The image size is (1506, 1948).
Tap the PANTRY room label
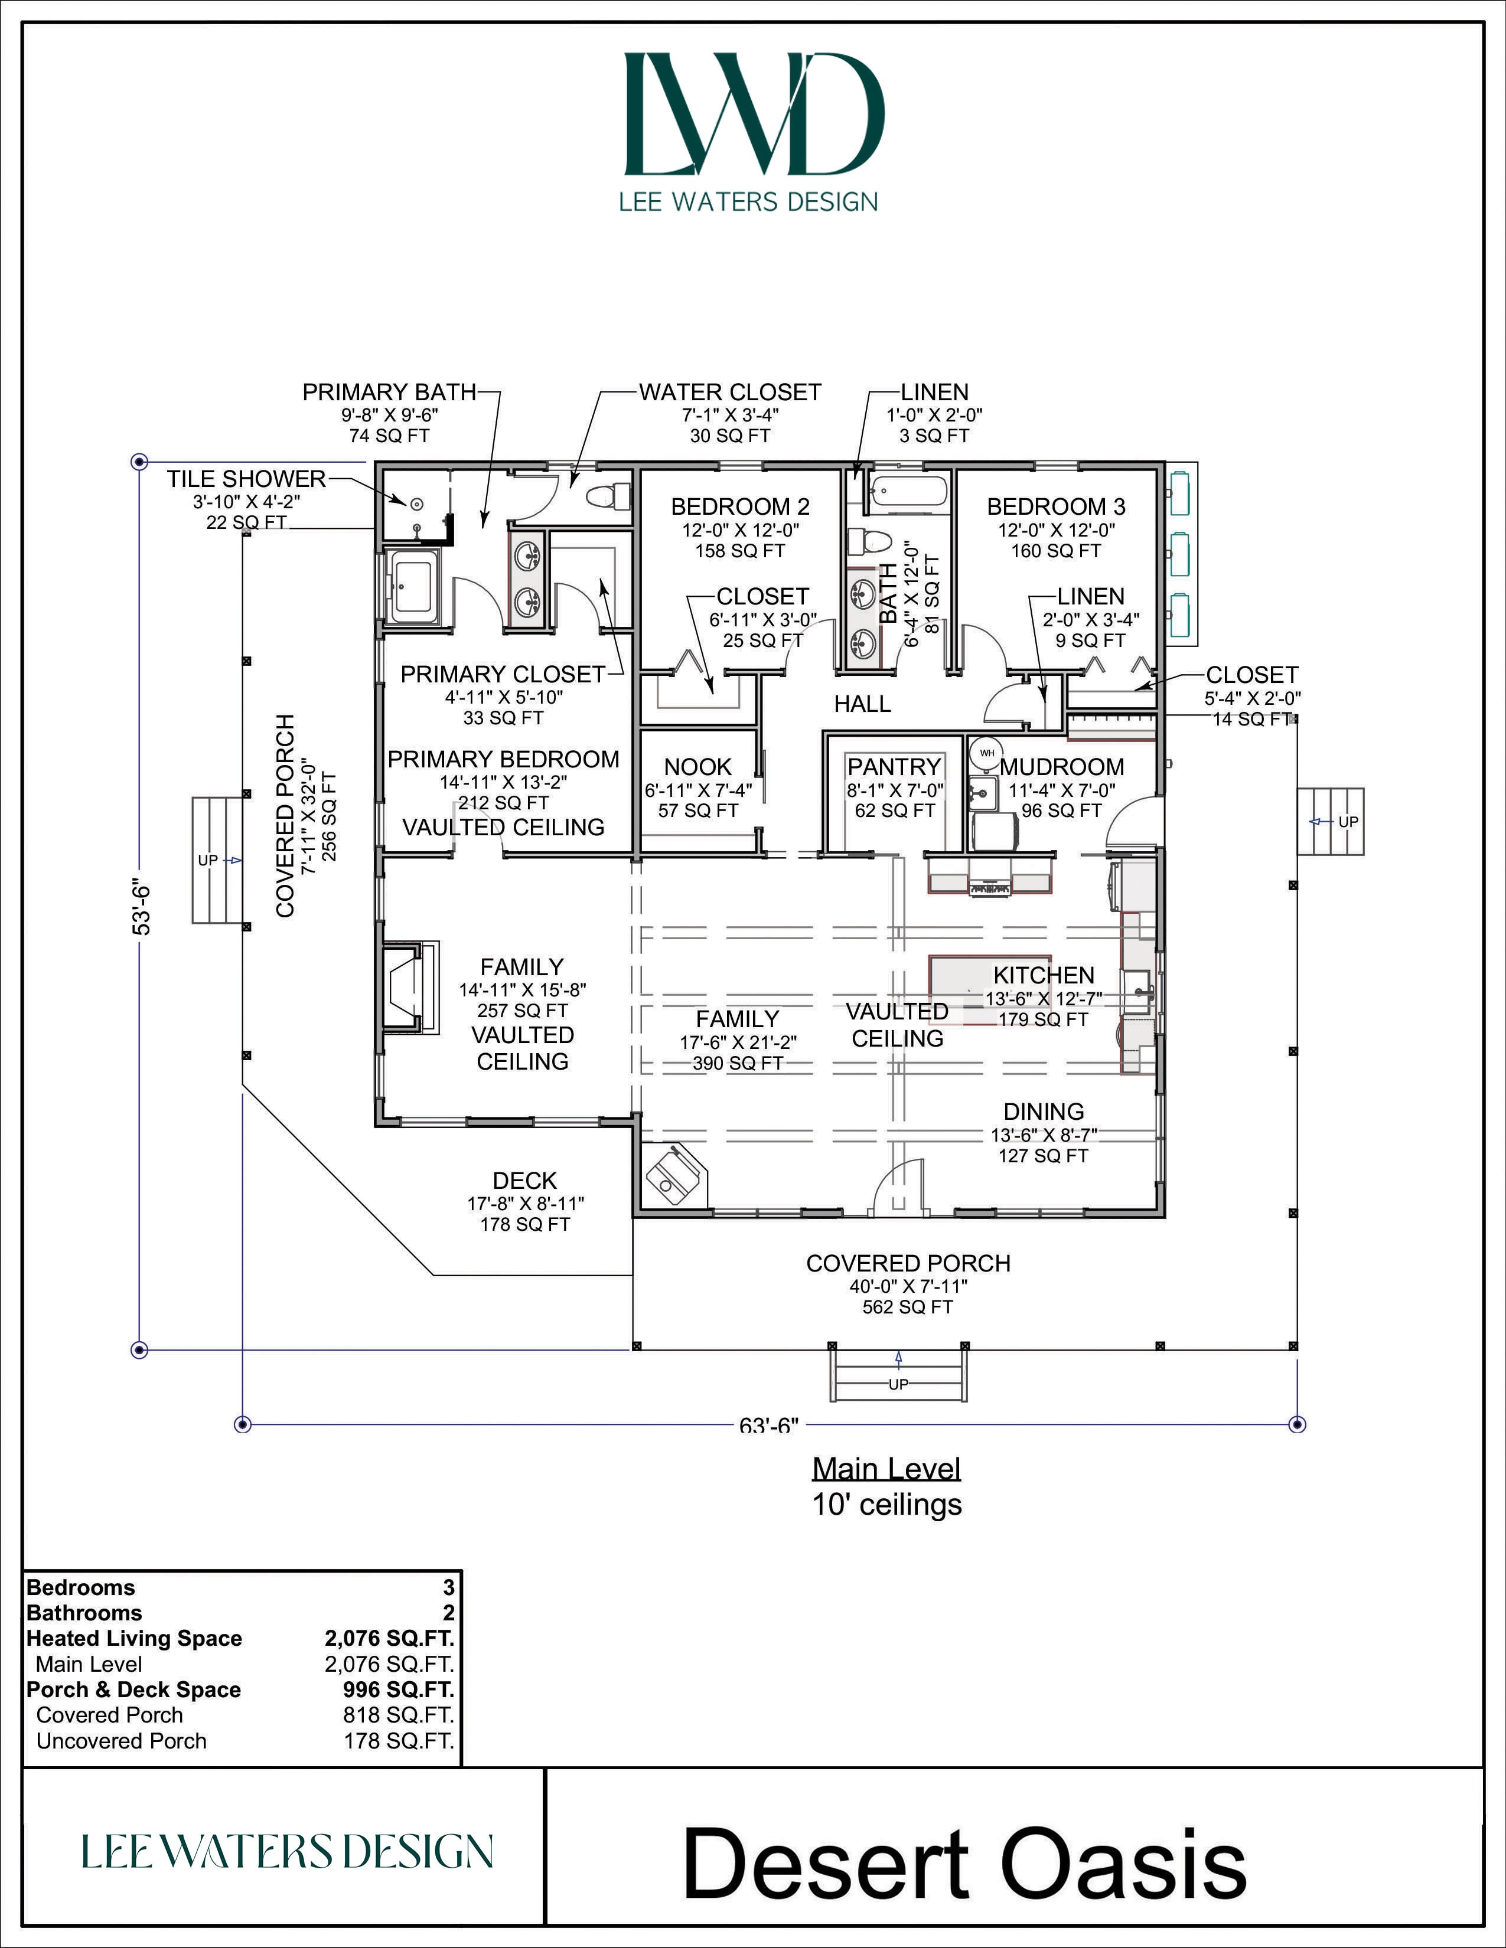click(x=894, y=766)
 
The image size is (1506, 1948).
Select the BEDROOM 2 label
click(x=741, y=506)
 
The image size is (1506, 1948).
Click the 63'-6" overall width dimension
click(x=769, y=1426)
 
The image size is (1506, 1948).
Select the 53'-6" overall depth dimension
click(x=141, y=908)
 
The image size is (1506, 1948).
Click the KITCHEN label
click(x=1044, y=975)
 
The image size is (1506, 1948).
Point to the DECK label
click(x=524, y=1181)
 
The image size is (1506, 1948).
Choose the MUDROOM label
click(x=1062, y=766)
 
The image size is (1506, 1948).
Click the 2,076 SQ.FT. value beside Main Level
click(x=389, y=1665)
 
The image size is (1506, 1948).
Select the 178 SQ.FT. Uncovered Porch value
click(x=399, y=1741)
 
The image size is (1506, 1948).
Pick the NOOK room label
click(x=697, y=766)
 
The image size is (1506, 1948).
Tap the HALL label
click(x=863, y=704)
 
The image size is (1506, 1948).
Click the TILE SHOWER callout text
click(x=246, y=479)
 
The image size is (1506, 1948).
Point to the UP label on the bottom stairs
click(x=898, y=1384)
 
